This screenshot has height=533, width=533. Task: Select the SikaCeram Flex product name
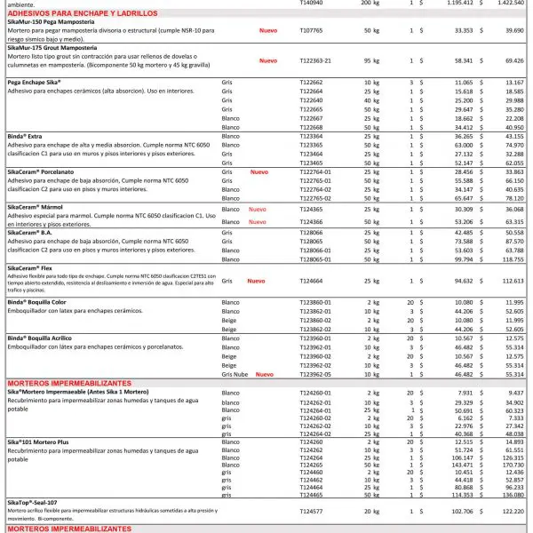click(x=36, y=267)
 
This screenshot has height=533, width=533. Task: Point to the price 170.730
click(x=510, y=465)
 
